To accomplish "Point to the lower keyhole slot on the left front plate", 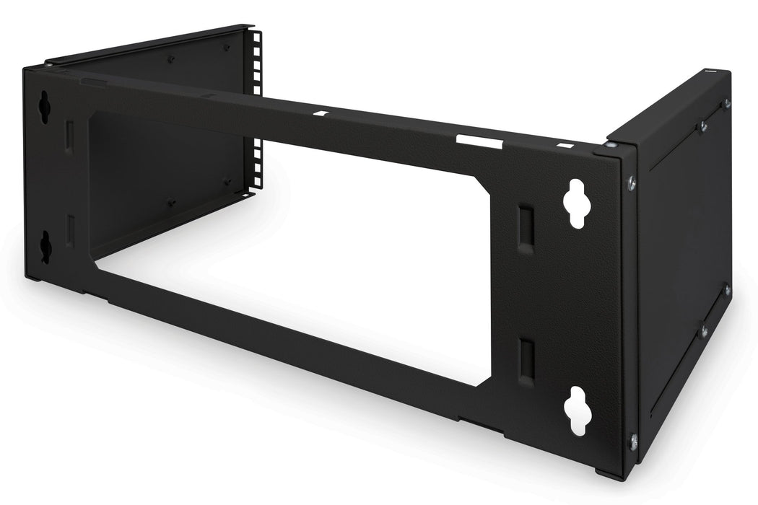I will (x=45, y=246).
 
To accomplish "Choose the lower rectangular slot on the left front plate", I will (x=69, y=229).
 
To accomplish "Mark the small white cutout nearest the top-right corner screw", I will (x=561, y=146).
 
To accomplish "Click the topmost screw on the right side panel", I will (x=726, y=104).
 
